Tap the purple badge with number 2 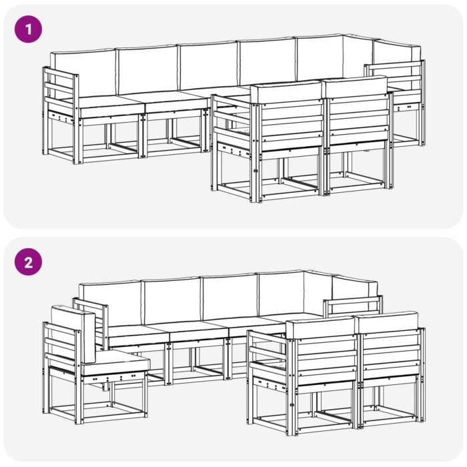tap(28, 262)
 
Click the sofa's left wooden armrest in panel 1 tap(61, 85)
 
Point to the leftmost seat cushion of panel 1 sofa tap(107, 102)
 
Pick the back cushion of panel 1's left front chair tap(287, 92)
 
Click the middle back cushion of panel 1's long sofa tap(207, 65)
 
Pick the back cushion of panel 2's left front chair tap(320, 328)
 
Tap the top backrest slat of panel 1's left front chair tap(290, 110)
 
